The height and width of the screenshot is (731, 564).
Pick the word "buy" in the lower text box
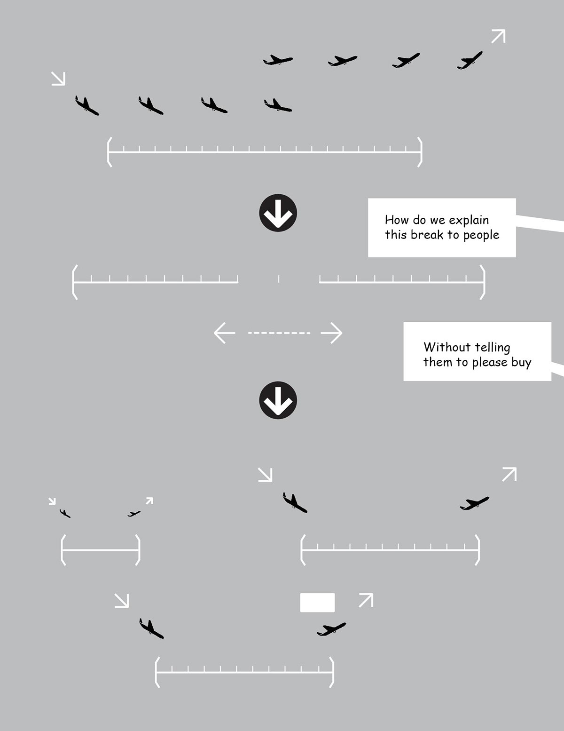pyautogui.click(x=521, y=363)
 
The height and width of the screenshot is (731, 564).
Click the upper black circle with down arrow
pyautogui.click(x=278, y=213)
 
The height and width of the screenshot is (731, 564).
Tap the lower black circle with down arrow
pyautogui.click(x=278, y=400)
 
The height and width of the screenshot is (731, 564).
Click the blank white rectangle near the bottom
pyautogui.click(x=317, y=603)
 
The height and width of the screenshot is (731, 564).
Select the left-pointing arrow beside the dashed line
pyautogui.click(x=225, y=333)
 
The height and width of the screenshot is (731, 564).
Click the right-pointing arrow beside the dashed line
pyautogui.click(x=332, y=333)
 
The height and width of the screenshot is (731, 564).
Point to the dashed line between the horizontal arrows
pyautogui.click(x=279, y=333)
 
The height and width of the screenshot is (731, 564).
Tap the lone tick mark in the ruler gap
pyautogui.click(x=279, y=278)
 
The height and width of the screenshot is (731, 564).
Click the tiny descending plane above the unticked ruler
pyautogui.click(x=65, y=513)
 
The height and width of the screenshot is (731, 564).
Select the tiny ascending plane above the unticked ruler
pyautogui.click(x=134, y=514)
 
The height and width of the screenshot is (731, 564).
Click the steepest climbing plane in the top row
pyautogui.click(x=470, y=61)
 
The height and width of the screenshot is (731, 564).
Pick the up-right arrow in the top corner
pyautogui.click(x=499, y=36)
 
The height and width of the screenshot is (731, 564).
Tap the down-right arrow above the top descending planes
pyautogui.click(x=58, y=79)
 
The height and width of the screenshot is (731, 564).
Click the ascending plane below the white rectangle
pyautogui.click(x=331, y=629)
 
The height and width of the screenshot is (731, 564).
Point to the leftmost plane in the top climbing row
pyautogui.click(x=278, y=60)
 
